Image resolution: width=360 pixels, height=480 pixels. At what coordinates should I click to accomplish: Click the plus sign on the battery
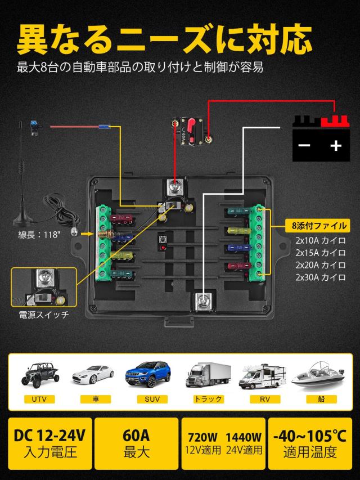tap(336, 146)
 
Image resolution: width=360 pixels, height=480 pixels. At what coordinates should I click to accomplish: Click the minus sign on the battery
tap(304, 146)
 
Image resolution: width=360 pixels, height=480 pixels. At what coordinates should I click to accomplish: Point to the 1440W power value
tap(244, 437)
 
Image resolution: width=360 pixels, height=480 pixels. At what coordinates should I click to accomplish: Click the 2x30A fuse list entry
tap(320, 277)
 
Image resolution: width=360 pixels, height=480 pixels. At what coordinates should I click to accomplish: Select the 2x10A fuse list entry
tap(320, 240)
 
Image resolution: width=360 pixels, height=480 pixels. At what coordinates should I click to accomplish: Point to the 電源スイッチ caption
tap(44, 315)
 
